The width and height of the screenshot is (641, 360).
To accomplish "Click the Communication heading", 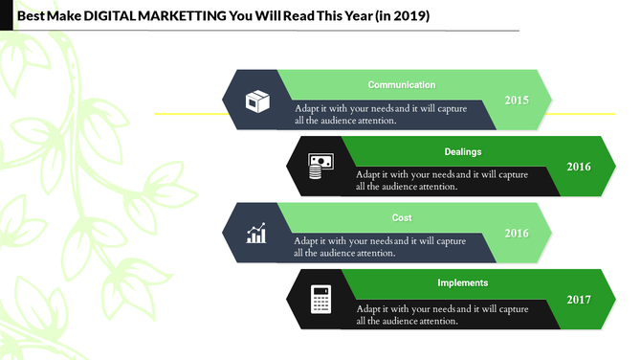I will pyautogui.click(x=402, y=85).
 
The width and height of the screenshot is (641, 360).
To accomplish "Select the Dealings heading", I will pyautogui.click(x=463, y=151).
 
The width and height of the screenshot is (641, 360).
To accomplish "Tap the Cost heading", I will pyautogui.click(x=402, y=218).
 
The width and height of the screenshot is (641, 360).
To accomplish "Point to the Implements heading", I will pyautogui.click(x=463, y=283).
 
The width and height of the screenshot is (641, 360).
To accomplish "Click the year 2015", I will pyautogui.click(x=517, y=100).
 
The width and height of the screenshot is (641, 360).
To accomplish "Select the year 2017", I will pyautogui.click(x=578, y=300).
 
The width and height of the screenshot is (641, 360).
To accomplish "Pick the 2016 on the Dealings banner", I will pyautogui.click(x=578, y=167).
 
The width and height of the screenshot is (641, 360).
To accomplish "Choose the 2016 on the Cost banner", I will pyautogui.click(x=517, y=233).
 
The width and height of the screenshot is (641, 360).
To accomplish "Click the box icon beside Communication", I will pyautogui.click(x=257, y=100).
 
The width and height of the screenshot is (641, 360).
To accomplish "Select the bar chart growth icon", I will pyautogui.click(x=256, y=233).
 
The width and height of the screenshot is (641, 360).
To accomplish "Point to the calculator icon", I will pyautogui.click(x=320, y=299).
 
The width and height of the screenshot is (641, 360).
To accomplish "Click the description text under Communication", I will pyautogui.click(x=380, y=114).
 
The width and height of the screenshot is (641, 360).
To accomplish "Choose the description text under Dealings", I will pyautogui.click(x=442, y=180).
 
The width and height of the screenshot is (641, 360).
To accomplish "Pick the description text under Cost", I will pyautogui.click(x=380, y=247).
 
